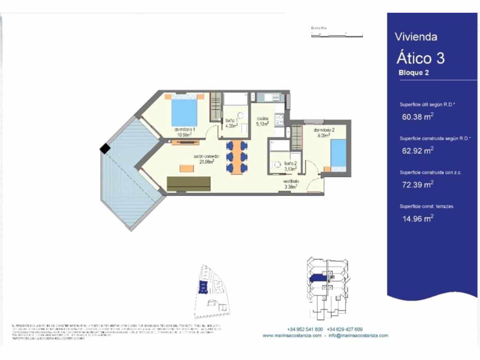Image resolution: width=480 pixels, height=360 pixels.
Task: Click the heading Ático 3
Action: (x=420, y=58)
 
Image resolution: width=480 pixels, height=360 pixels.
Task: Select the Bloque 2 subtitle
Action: (x=414, y=73)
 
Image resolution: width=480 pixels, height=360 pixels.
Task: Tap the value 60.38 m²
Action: (x=418, y=117)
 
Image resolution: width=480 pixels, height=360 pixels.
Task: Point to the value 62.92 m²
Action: (x=418, y=151)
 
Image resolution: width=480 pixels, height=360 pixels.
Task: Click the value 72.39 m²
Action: (x=418, y=184)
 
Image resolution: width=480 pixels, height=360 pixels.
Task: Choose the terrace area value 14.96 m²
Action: (x=418, y=219)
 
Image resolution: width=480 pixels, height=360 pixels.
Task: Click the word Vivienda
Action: (x=416, y=37)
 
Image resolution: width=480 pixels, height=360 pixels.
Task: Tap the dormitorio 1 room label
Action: (x=184, y=130)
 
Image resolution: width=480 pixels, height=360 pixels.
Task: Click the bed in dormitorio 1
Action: (x=184, y=111)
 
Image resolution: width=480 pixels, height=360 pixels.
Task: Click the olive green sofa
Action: (x=188, y=184)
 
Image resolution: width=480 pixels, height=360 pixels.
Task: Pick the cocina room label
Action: (x=262, y=119)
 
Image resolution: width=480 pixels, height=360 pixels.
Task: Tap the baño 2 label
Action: (x=290, y=163)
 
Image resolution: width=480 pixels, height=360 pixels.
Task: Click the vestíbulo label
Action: (x=291, y=181)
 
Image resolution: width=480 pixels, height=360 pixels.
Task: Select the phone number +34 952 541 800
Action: (x=305, y=329)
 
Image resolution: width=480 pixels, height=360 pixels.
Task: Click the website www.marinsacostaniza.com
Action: (x=292, y=336)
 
